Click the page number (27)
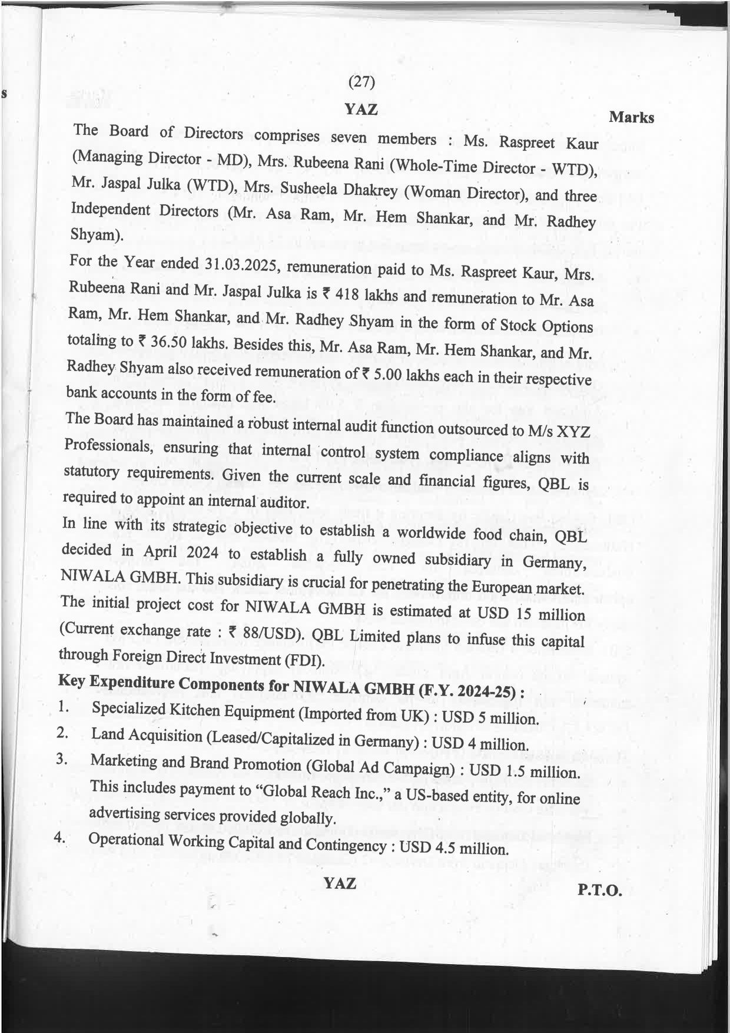(361, 82)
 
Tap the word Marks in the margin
(631, 117)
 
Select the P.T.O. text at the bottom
(599, 890)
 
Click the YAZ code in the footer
(340, 883)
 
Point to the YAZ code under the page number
(361, 109)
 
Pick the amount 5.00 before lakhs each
(387, 374)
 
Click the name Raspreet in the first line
(527, 143)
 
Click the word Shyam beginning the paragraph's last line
(96, 234)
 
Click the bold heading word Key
(71, 680)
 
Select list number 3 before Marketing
(61, 759)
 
